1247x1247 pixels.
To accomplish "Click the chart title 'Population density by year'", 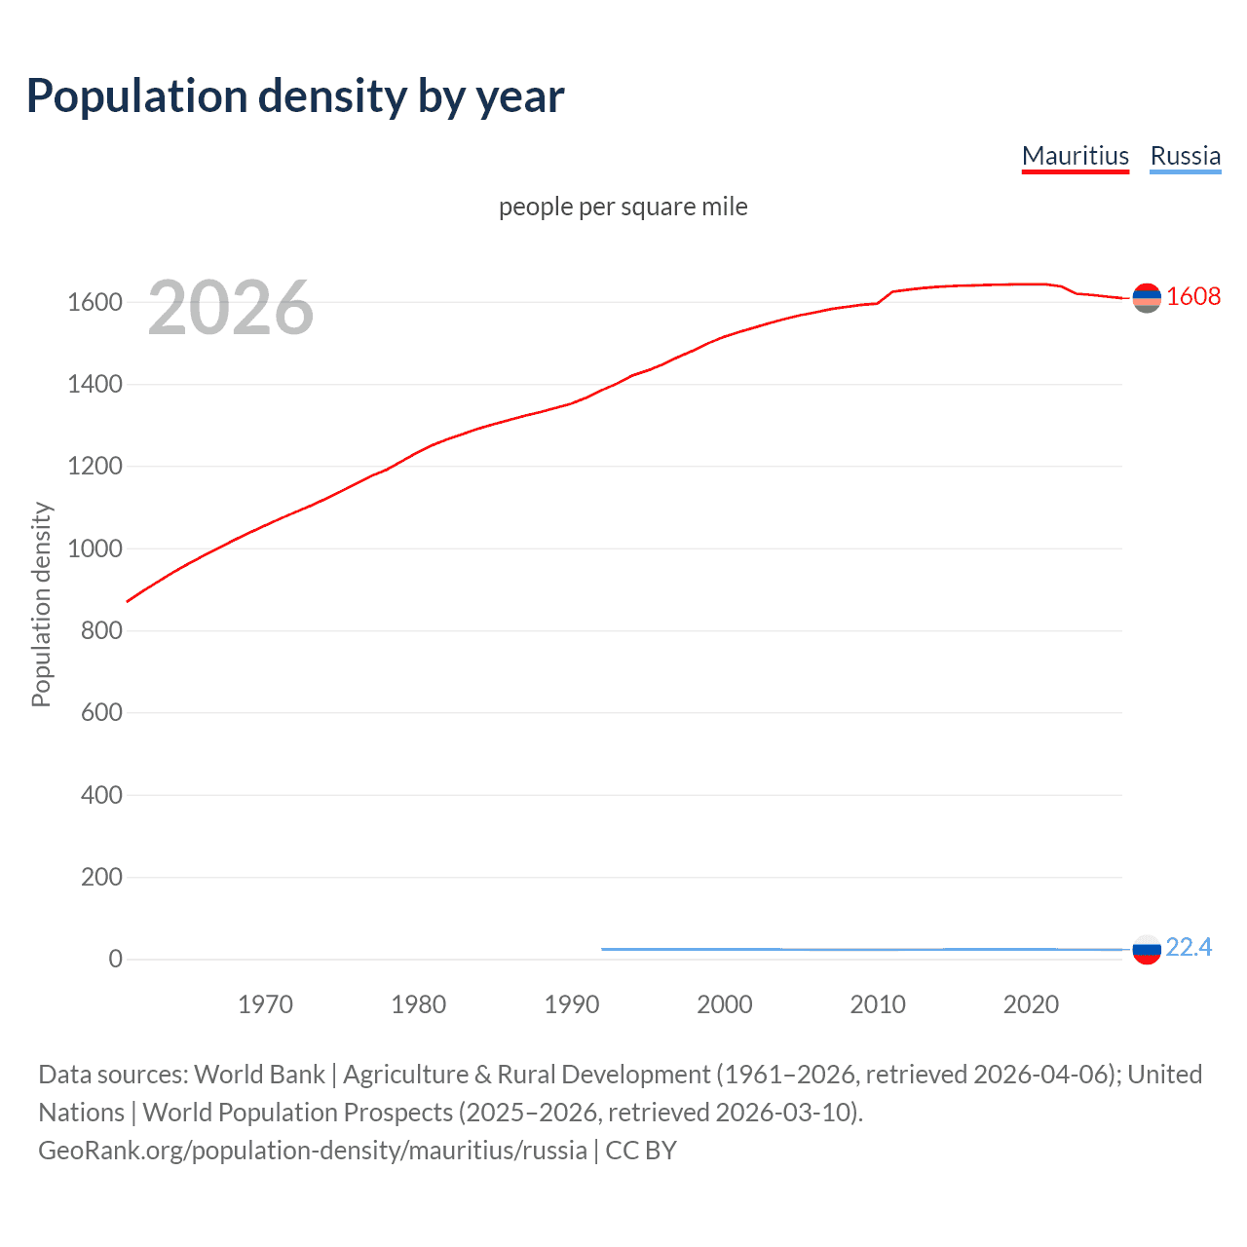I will (295, 95).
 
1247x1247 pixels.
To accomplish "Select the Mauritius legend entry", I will (1075, 156).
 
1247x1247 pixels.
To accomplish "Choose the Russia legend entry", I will (1185, 156).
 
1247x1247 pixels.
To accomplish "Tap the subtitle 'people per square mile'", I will (623, 207).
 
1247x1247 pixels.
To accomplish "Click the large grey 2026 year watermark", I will (231, 308).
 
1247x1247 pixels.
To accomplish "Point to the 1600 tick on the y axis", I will (94, 302).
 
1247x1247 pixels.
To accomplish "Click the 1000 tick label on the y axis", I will (94, 548).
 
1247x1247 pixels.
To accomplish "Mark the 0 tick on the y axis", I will (116, 959).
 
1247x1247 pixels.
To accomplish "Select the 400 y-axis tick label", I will (101, 795).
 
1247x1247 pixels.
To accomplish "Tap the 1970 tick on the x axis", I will (265, 1004).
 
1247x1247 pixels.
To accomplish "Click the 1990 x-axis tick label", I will (572, 1004).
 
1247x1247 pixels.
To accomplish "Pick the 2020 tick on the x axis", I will (1031, 1004).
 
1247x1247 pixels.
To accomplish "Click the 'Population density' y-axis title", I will (41, 604).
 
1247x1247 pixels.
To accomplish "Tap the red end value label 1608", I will (1192, 296).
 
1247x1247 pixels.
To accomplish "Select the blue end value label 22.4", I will (1189, 947).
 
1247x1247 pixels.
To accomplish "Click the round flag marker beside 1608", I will (1147, 297).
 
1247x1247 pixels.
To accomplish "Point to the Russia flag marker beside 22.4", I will (1147, 949).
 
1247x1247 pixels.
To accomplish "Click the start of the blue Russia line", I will (603, 949).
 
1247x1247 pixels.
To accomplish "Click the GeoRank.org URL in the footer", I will (313, 1151).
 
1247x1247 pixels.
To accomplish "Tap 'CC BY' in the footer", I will (641, 1151).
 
